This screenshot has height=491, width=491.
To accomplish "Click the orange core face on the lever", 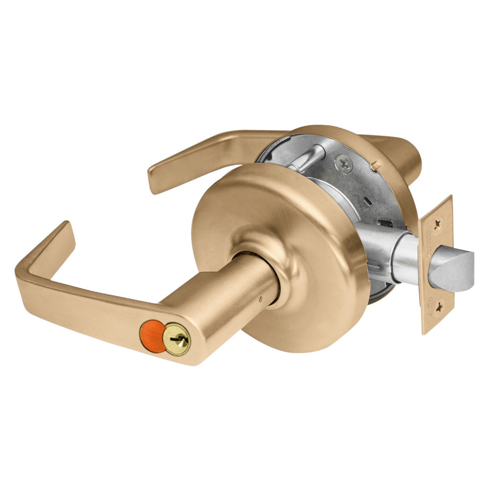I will (153, 336).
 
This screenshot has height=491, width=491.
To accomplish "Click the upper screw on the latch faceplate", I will (437, 221).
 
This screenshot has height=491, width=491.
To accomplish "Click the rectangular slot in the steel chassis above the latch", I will (387, 224).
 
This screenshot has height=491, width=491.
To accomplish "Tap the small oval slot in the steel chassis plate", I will (367, 201).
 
